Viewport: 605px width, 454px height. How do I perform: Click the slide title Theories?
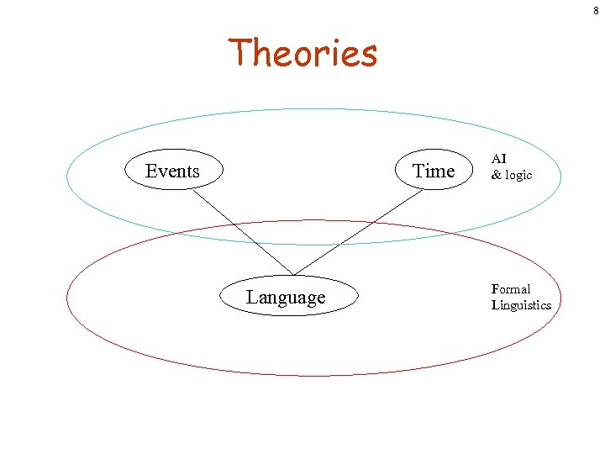point(303,53)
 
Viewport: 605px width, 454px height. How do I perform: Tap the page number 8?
point(595,11)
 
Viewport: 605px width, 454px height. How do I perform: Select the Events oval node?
point(173,171)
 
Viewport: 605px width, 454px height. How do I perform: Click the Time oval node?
point(434,171)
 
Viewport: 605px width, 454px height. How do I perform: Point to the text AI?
point(499,158)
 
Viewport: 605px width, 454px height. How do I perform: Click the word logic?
point(518,175)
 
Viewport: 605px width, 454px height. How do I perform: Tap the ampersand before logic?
point(496,175)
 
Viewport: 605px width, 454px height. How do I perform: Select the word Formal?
point(511,288)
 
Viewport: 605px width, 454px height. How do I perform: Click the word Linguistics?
point(521,304)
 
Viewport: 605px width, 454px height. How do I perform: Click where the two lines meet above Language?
point(293,274)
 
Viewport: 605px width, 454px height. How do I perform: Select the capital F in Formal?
point(496,288)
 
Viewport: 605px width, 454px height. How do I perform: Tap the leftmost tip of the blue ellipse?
point(67,178)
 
